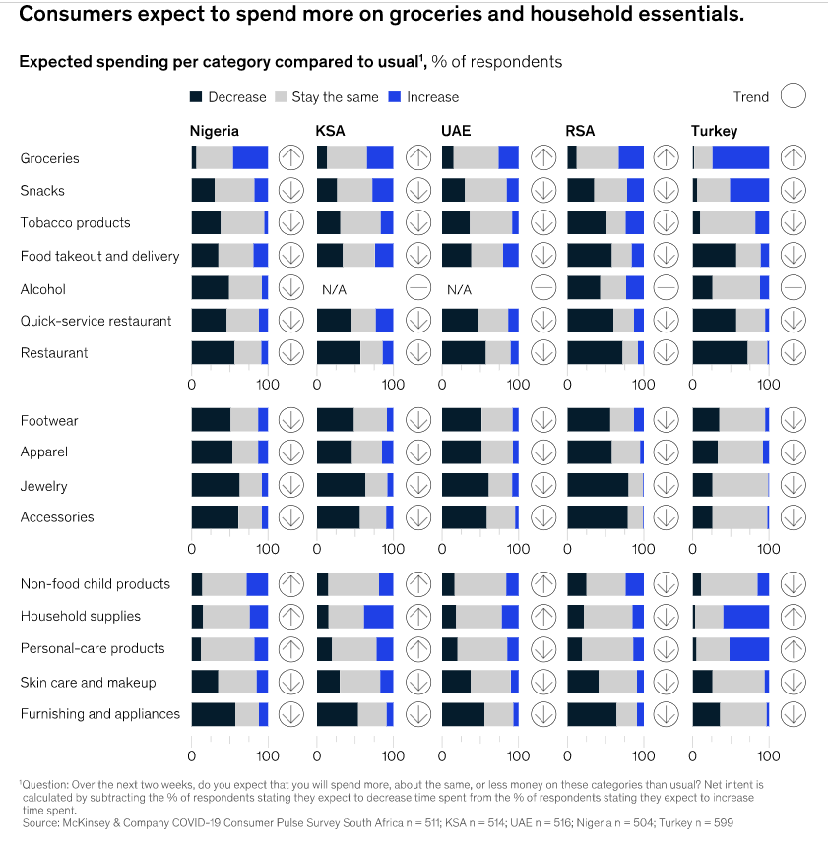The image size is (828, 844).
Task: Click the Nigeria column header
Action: pos(214,131)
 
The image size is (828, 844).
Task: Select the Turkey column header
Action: pos(714,131)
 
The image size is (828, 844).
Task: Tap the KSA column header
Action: pos(330,131)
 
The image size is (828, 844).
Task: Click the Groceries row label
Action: pos(50,158)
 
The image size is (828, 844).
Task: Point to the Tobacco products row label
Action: pos(75,223)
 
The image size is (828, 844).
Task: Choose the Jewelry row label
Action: pos(43,486)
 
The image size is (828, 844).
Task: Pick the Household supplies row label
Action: pos(81,617)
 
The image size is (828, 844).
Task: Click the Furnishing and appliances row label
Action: pos(100,714)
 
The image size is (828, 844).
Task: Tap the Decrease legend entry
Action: pos(227,97)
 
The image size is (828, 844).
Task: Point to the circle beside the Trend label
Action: pos(793,96)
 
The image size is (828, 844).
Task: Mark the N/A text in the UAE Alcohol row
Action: pos(459,290)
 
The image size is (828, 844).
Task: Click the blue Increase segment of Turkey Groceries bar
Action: pos(740,157)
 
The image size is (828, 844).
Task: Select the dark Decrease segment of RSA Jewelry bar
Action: pos(598,485)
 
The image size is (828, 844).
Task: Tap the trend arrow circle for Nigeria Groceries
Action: pos(290,157)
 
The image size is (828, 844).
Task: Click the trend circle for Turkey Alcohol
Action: pos(793,288)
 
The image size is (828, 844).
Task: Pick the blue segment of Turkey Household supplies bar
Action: pos(745,617)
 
